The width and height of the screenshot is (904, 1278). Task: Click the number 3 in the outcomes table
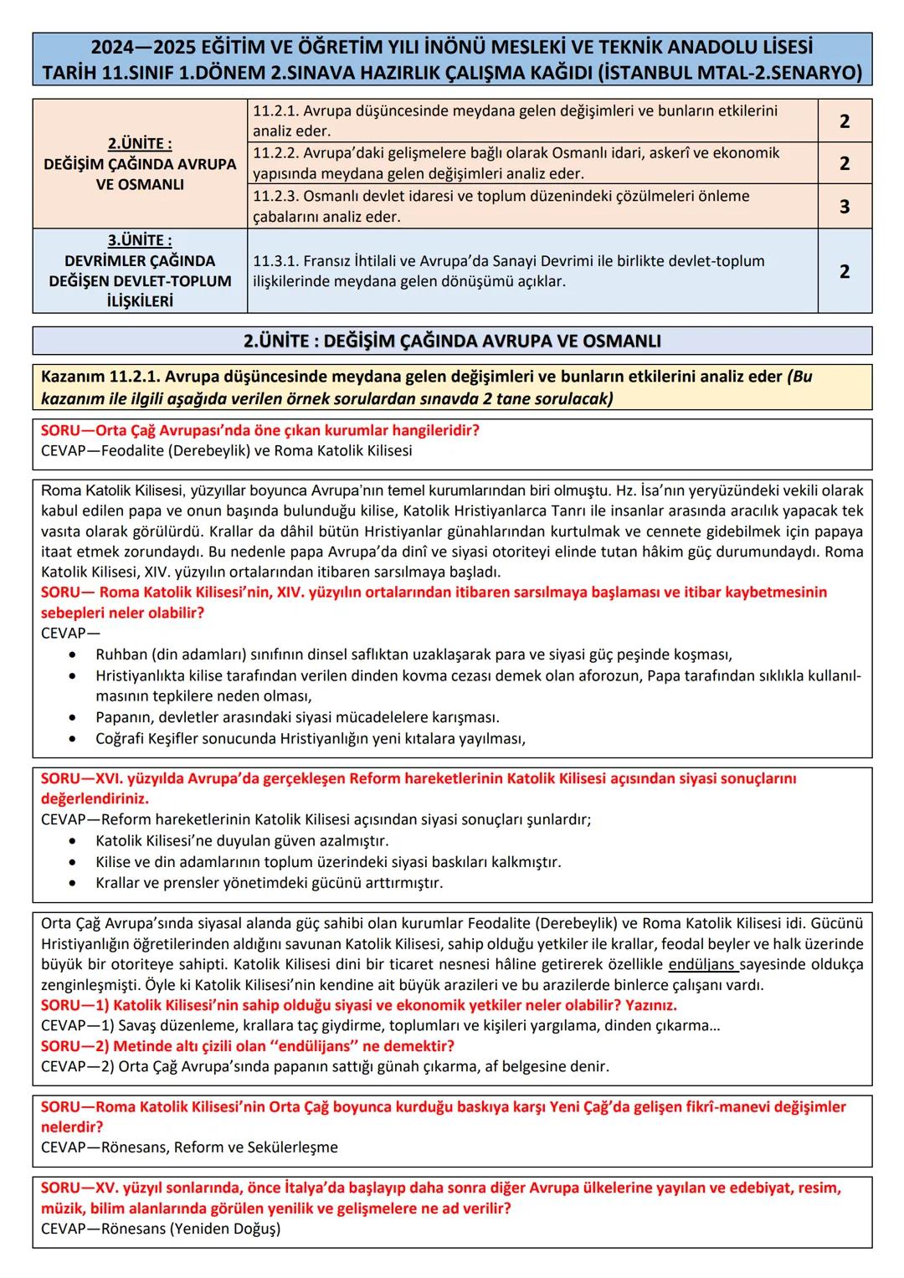844,206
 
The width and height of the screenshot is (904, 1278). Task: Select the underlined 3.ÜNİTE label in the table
140,240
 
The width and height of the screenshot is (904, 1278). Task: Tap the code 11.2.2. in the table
275,153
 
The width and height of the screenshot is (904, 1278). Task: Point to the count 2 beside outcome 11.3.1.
844,271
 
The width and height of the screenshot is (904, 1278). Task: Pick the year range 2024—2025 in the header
141,48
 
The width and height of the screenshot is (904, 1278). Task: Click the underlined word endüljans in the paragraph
702,964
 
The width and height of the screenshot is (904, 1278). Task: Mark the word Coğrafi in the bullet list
120,738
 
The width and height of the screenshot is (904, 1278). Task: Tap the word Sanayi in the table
543,261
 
